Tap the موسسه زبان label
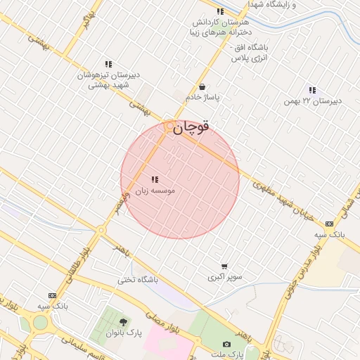[155, 191]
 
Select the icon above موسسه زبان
[155, 179]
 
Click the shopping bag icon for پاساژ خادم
[202, 87]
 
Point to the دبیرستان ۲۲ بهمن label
[313, 101]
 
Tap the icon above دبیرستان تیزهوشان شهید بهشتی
[108, 64]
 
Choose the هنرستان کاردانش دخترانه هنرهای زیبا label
[220, 27]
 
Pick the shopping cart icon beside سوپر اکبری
[224, 266]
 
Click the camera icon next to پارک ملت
[226, 344]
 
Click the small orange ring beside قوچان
[169, 126]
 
